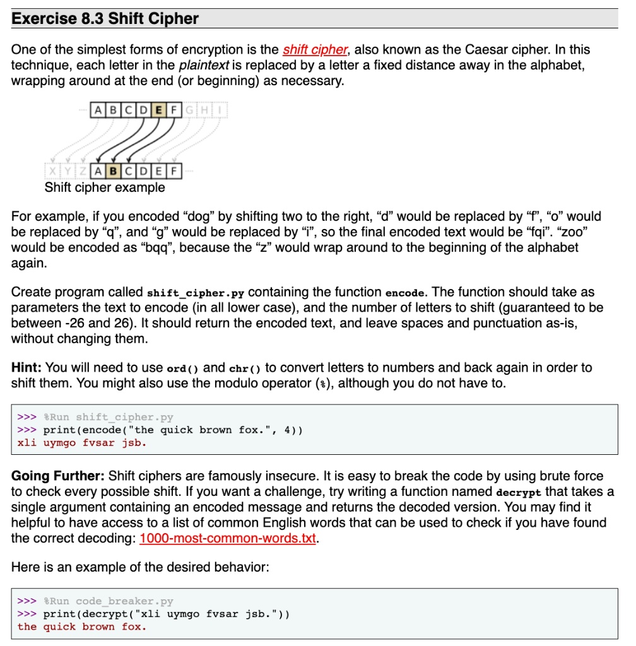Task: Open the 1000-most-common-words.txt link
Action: point(227,539)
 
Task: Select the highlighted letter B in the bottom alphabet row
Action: point(113,170)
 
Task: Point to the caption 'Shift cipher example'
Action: point(105,187)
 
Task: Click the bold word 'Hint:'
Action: point(27,367)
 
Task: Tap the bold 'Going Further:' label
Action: point(59,476)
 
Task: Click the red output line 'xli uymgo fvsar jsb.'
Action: point(82,443)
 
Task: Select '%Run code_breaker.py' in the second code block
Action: point(108,601)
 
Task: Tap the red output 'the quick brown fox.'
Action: point(82,626)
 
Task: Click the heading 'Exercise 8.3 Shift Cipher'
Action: point(105,18)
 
